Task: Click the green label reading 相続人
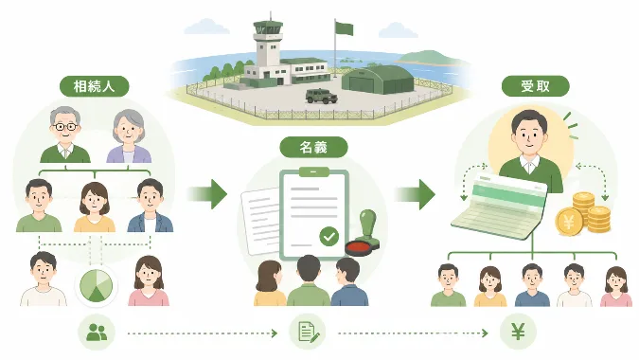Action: point(94,86)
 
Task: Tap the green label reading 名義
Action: point(313,147)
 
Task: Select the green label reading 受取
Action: point(535,86)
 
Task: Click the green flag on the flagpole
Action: point(344,28)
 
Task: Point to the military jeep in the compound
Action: point(322,96)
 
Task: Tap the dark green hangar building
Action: point(378,80)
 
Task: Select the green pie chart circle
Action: point(97,285)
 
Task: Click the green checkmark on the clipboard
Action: point(328,237)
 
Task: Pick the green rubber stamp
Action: point(367,228)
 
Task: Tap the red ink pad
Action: point(359,248)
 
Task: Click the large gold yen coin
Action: point(569,222)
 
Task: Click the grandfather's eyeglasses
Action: point(65,127)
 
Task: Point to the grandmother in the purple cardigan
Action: point(129,136)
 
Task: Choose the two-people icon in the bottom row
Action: point(97,333)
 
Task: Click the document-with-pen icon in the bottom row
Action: point(308,332)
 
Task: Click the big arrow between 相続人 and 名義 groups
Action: point(207,194)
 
